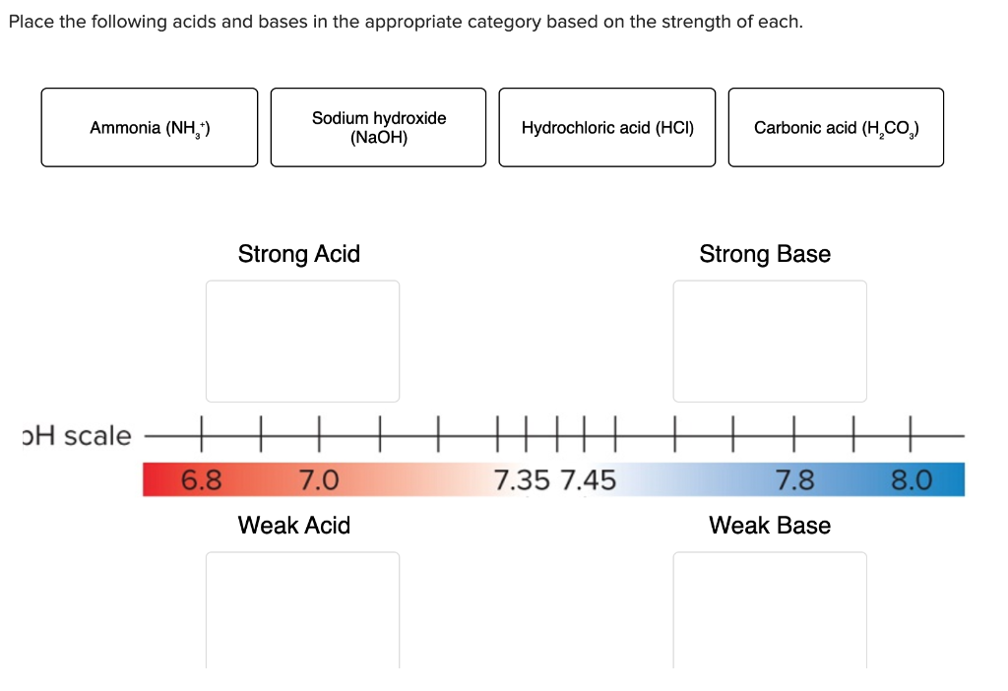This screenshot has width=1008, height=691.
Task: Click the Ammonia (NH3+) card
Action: [x=150, y=128]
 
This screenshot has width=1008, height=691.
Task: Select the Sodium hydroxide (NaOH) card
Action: [x=378, y=128]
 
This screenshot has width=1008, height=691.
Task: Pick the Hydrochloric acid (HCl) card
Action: [x=607, y=128]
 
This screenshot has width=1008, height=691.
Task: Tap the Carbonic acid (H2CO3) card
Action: [x=836, y=128]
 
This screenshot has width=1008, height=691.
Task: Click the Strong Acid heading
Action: [x=299, y=254]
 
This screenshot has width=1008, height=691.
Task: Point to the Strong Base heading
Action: [x=765, y=254]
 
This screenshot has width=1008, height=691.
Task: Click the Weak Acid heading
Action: [x=294, y=526]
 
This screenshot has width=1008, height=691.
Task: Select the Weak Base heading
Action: [x=770, y=526]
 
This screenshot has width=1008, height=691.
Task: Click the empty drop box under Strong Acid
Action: [x=302, y=341]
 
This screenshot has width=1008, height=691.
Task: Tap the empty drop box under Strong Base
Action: [x=770, y=341]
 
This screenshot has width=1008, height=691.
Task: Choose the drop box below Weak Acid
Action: [x=302, y=610]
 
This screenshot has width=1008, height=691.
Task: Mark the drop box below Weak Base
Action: [x=770, y=610]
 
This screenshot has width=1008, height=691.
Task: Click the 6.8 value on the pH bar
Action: [x=202, y=480]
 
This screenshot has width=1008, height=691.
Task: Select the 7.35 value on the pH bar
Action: [x=523, y=480]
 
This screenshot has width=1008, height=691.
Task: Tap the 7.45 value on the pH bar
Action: [x=588, y=480]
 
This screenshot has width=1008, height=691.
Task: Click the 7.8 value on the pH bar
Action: [x=795, y=480]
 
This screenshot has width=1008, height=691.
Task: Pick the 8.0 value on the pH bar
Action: [x=911, y=480]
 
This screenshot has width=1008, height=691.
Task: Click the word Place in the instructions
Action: [x=31, y=22]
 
